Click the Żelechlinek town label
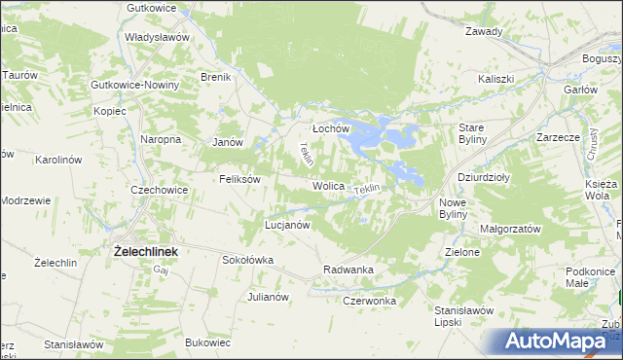[x=146, y=251]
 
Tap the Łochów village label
[x=330, y=128]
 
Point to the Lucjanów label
[x=287, y=225]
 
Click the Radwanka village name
[x=348, y=270]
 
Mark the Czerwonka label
[x=370, y=301]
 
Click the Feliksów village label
[x=239, y=179]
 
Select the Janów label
[x=227, y=142]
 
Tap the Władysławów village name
[x=156, y=37]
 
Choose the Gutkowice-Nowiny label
[x=134, y=85]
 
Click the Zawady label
[x=484, y=31]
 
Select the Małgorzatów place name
[x=510, y=228]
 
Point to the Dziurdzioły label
[x=484, y=178]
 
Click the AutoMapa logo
[x=560, y=341]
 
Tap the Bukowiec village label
[x=207, y=342]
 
